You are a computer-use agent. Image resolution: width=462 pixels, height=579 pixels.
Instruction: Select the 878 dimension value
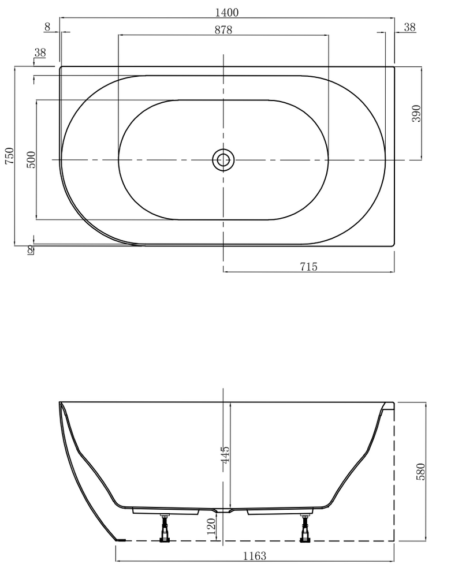tap(223, 31)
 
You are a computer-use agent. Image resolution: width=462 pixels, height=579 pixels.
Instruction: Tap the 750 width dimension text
tap(9, 156)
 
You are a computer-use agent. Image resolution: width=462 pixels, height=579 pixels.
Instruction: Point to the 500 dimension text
tap(31, 159)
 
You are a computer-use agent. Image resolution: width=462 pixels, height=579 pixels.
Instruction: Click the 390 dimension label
tap(417, 113)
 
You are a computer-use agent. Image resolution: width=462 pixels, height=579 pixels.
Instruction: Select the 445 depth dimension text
tap(225, 459)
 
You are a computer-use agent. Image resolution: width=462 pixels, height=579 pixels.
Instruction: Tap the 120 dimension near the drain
tap(211, 525)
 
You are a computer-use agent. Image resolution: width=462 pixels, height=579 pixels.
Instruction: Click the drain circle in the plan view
tap(223, 159)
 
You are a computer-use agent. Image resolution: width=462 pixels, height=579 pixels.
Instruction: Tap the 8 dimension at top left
tap(47, 27)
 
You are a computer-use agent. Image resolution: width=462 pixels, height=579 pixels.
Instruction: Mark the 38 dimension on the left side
tap(40, 53)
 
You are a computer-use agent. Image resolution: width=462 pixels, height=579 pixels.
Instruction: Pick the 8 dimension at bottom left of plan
tap(30, 249)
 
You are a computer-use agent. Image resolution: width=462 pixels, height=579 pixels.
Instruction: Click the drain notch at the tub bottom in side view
tap(223, 511)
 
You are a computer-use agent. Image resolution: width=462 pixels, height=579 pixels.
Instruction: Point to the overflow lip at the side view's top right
tap(389, 406)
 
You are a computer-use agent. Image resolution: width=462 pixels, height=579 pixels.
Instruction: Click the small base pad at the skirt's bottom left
tap(120, 539)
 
